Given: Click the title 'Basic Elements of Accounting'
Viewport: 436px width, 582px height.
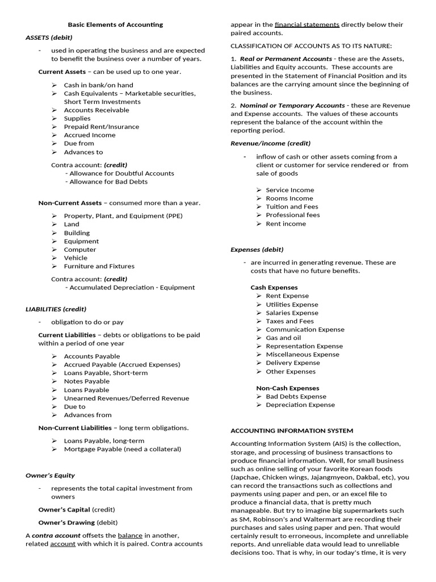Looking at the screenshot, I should coord(115,24).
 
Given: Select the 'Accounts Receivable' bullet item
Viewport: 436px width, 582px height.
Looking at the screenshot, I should coord(96,110).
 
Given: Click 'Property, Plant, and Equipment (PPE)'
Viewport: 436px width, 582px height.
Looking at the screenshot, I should coord(124,216).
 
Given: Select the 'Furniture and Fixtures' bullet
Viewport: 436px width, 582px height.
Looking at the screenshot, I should coord(99,266).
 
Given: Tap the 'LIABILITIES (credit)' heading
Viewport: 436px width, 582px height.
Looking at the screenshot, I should coord(56,309).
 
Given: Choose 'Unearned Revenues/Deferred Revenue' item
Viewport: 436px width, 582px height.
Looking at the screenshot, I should coord(126,398).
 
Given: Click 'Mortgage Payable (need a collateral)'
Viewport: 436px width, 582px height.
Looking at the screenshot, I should coord(122,449).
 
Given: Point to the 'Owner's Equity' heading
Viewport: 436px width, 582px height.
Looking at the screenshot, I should coord(50,475).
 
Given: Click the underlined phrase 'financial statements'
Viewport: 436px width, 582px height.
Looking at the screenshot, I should coord(307,24).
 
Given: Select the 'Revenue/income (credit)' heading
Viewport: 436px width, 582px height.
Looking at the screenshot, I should coord(270,143).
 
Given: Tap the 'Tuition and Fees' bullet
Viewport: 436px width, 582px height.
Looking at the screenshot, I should coord(292,207).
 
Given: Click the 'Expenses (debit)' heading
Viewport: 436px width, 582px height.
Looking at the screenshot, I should coord(257,250).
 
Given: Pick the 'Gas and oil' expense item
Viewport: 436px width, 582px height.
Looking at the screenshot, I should coord(283,338).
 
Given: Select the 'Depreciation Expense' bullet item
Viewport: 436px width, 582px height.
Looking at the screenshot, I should coord(300,405).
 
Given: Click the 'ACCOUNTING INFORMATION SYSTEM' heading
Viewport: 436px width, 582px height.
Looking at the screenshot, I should coord(292,431).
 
